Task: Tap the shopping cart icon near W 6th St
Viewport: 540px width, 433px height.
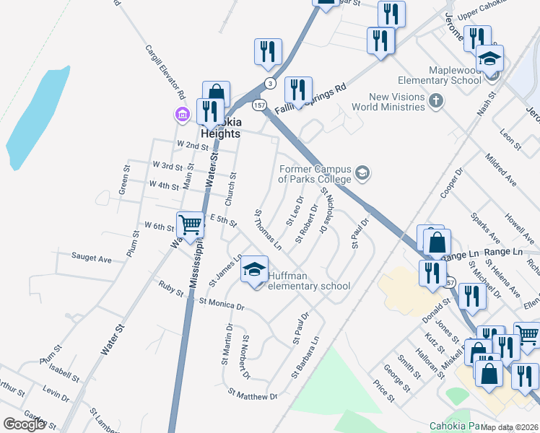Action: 191,224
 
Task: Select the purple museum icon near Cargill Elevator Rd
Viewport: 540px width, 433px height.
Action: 180,114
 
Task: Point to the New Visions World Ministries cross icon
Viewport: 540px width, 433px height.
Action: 435,101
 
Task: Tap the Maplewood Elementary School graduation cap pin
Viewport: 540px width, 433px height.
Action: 490,58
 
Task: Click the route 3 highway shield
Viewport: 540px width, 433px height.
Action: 269,82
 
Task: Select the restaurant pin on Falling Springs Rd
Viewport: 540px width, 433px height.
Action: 298,90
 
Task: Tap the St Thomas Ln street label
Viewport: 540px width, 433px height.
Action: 268,229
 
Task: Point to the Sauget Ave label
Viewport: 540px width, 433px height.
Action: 92,257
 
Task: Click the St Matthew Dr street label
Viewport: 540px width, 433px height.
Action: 253,395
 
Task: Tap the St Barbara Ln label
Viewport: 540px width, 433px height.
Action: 305,357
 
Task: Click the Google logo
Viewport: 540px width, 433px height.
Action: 24,424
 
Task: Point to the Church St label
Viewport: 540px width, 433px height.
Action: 232,185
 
